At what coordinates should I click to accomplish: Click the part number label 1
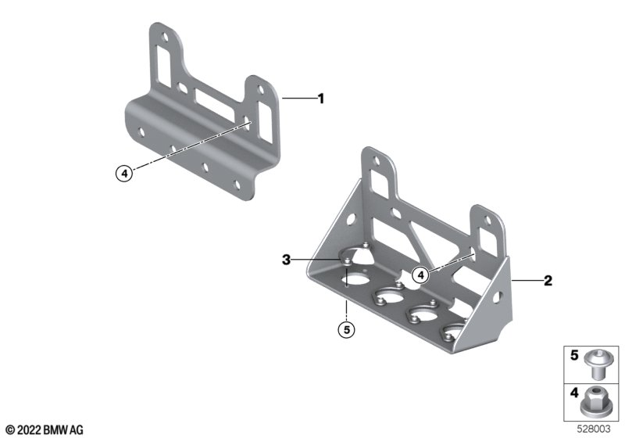tap(321, 99)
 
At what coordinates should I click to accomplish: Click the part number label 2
tap(548, 281)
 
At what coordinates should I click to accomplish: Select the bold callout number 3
tap(286, 260)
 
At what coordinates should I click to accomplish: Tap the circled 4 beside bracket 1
tap(124, 174)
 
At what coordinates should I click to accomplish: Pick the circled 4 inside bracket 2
tap(420, 275)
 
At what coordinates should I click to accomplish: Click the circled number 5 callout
tap(346, 329)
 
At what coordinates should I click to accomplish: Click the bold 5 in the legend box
tap(574, 355)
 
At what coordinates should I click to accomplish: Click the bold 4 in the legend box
tap(574, 393)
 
